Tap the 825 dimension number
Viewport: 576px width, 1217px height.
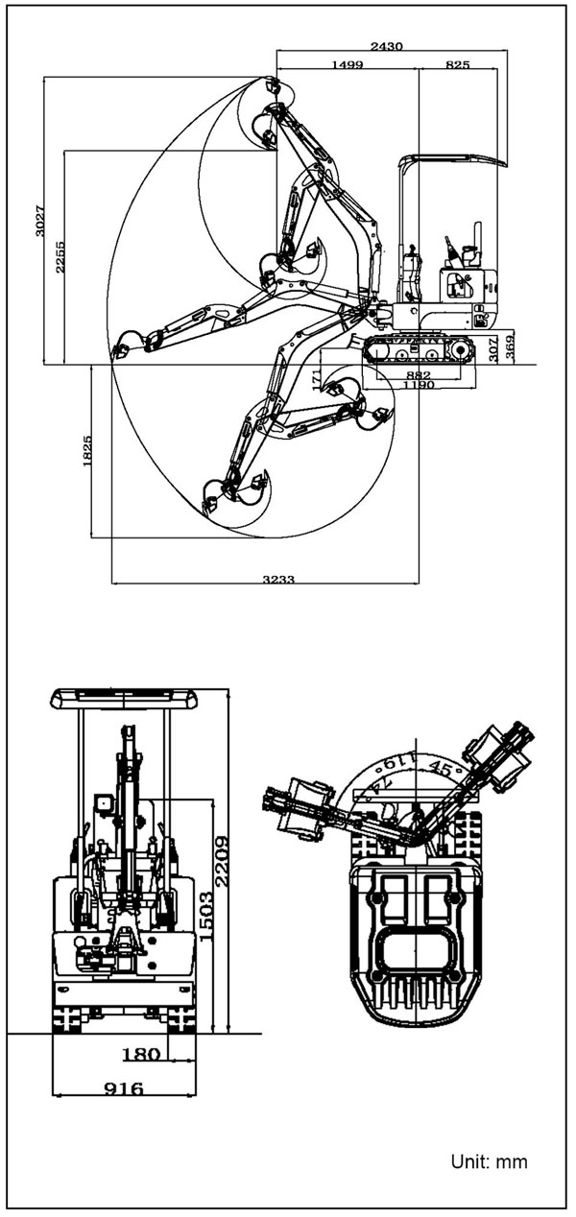tap(458, 63)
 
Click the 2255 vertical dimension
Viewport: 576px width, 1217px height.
tap(60, 257)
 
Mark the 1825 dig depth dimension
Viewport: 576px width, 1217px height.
tap(87, 451)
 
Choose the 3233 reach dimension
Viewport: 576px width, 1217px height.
tap(277, 579)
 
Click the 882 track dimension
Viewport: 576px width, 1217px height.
tap(418, 374)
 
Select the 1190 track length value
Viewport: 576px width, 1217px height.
tap(418, 385)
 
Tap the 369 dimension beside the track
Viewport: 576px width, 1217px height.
tap(510, 346)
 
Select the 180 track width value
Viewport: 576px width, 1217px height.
tap(141, 1055)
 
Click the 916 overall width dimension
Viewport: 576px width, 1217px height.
tap(124, 1088)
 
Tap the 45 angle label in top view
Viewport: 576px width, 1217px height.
tap(442, 767)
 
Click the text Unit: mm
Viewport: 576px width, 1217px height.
tap(489, 1162)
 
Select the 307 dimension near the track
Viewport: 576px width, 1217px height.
tap(493, 347)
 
